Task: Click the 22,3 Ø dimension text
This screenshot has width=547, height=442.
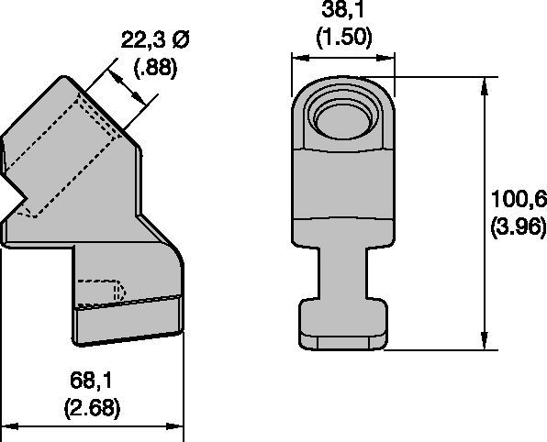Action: tap(154, 39)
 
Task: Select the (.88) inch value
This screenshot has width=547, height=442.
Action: tap(156, 67)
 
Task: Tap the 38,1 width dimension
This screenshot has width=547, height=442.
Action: tap(343, 9)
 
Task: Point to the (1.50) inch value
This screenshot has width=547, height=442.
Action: tap(344, 36)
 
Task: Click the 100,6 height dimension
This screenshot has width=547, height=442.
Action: tap(519, 199)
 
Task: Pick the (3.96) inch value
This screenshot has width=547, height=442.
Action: tap(518, 228)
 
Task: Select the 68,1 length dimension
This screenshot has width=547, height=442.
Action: tap(91, 380)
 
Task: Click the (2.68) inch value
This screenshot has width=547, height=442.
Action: tap(92, 407)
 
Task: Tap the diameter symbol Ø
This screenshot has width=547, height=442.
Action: tap(180, 39)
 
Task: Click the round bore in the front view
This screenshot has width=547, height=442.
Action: tap(342, 121)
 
